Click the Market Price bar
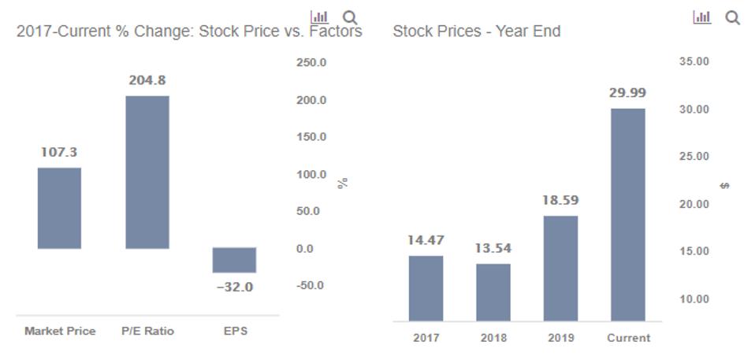tap(59, 208)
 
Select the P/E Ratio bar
tap(147, 172)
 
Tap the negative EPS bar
tap(234, 260)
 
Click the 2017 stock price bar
tap(426, 288)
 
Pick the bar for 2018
tap(493, 292)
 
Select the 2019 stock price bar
tap(560, 268)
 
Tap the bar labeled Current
tap(627, 214)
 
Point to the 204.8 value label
tap(147, 80)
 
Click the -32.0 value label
tap(235, 288)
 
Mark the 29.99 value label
tap(627, 93)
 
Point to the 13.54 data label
tap(493, 248)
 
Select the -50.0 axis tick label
tap(310, 285)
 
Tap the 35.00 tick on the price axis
tap(694, 61)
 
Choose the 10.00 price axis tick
tap(694, 299)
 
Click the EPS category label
tap(235, 331)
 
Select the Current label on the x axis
tap(628, 338)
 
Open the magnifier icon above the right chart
tap(732, 17)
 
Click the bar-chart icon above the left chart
tap(320, 17)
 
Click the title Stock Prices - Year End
tap(476, 32)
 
